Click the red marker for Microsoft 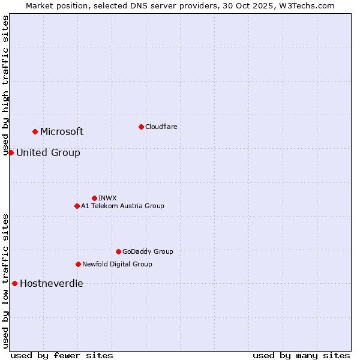35,131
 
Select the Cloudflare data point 141,127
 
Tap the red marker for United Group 11,152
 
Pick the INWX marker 94,198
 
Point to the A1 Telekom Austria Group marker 77,206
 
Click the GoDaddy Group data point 118,251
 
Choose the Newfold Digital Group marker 78,264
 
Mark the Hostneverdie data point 14,283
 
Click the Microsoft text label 62,132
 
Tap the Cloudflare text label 161,127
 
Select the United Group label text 48,153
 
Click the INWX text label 107,198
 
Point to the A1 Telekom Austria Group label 122,206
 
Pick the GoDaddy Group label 147,251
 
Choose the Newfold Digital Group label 117,264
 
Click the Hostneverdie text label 52,284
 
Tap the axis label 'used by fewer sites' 62,355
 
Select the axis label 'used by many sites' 301,355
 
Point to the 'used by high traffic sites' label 6,85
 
